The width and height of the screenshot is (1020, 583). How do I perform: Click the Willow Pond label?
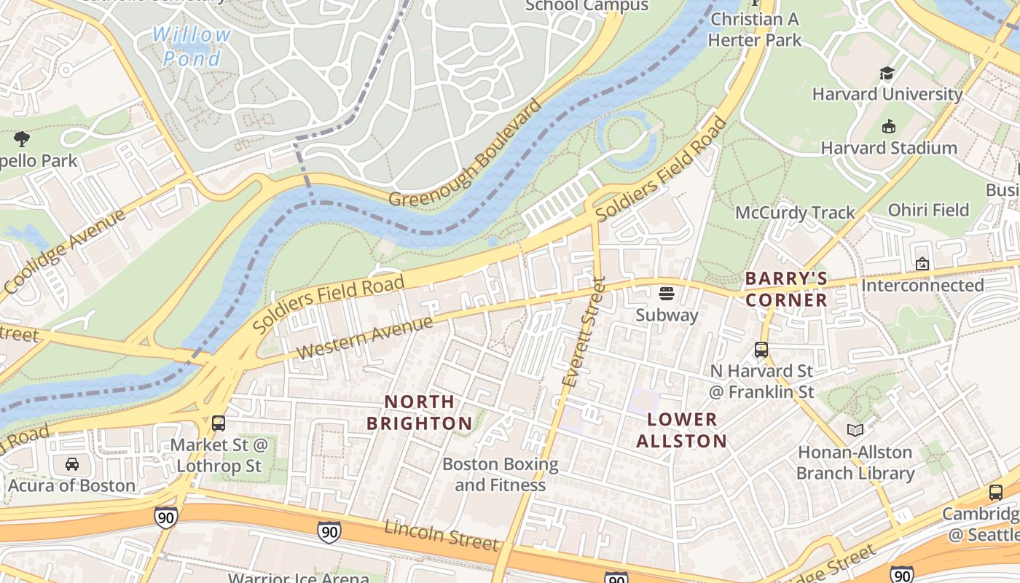tap(192, 46)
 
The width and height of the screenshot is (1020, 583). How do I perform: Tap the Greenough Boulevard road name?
tap(466, 153)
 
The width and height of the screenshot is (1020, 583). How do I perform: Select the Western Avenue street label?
tap(364, 337)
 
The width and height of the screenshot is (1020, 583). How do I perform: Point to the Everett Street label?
tap(584, 332)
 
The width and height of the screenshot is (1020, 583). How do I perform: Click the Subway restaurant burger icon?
tap(667, 294)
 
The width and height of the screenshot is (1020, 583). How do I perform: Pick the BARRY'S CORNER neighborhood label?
tap(786, 289)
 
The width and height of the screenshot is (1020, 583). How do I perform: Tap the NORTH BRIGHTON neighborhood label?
tap(420, 412)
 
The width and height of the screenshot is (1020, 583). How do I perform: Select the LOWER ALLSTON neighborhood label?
tap(682, 430)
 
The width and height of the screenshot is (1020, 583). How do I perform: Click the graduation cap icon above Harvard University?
tap(887, 73)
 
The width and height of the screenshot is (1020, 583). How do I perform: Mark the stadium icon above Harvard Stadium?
tap(888, 127)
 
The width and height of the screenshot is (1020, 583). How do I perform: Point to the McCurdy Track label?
tap(795, 213)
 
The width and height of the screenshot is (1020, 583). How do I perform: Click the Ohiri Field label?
tap(928, 210)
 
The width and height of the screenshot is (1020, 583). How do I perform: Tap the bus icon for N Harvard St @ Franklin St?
tap(761, 350)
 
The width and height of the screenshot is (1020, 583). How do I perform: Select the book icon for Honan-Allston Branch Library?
tap(855, 431)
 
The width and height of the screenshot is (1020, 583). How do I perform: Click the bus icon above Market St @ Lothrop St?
tap(218, 423)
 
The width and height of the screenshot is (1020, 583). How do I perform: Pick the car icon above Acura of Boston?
tap(71, 464)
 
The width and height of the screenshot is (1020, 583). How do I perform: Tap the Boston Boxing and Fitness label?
tap(500, 474)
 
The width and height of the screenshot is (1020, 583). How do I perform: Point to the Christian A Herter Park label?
tap(755, 29)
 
